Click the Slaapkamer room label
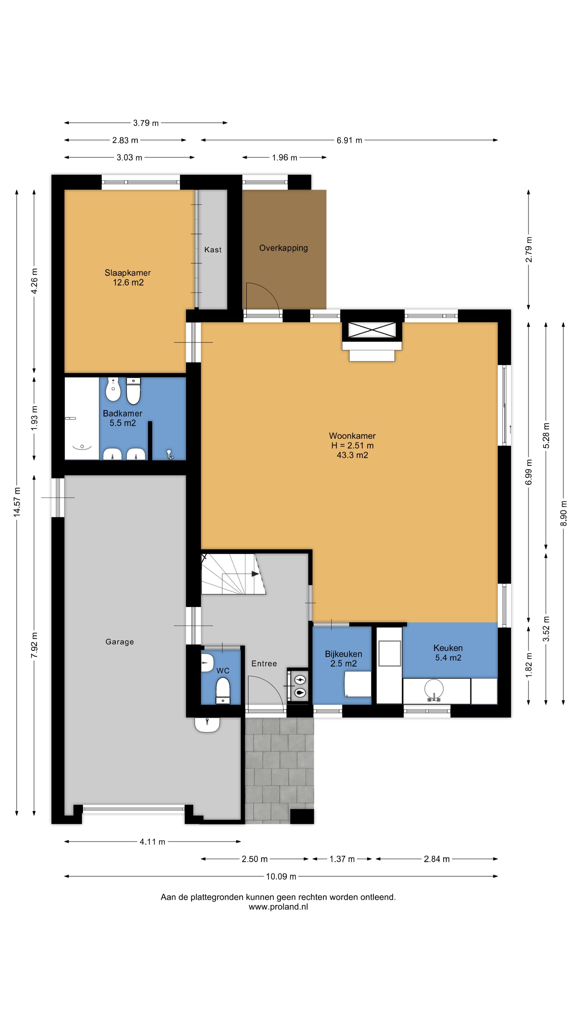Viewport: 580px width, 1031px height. pos(128,273)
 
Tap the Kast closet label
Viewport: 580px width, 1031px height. pos(213,250)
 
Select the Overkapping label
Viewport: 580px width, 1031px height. pos(283,248)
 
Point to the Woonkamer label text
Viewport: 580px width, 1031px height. pos(352,435)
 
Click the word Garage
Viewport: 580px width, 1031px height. pos(120,642)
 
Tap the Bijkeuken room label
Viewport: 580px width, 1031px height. pos(343,654)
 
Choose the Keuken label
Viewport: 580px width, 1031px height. pos(448,648)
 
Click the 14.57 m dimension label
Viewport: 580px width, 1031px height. pos(17,502)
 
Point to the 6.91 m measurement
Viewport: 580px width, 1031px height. pos(349,140)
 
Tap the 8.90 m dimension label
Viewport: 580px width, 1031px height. pos(563,513)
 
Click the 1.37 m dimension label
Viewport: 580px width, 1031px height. pos(342,859)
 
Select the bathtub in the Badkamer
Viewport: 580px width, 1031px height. pos(82,418)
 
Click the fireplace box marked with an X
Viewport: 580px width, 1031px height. pos(372,331)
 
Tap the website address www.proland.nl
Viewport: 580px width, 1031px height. pos(278,907)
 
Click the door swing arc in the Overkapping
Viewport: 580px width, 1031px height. pos(266,292)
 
